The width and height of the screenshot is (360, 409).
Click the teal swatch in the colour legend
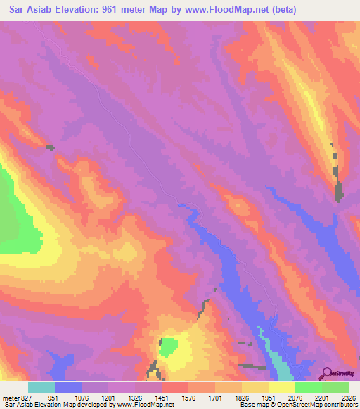41,387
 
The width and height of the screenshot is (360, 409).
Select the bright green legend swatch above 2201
308,387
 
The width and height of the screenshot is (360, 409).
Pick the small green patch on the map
168,346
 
